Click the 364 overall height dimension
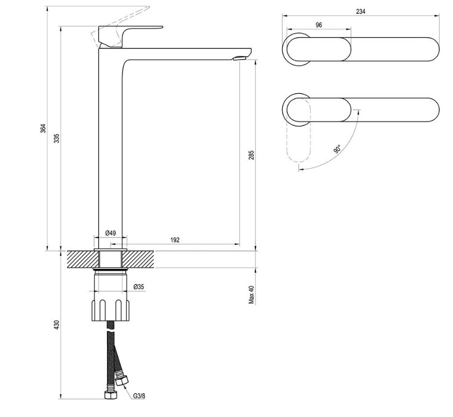click(x=43, y=128)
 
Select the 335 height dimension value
click(x=57, y=138)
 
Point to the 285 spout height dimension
click(x=252, y=155)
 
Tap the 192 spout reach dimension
click(x=175, y=240)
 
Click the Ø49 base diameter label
click(x=111, y=233)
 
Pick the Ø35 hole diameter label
click(x=139, y=287)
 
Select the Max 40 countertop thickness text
click(x=252, y=295)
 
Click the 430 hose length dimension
click(x=57, y=324)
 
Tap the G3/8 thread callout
click(x=139, y=396)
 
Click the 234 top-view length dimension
click(x=360, y=11)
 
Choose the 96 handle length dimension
click(x=319, y=25)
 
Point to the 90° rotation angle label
click(x=337, y=149)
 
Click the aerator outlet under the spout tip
click(x=239, y=58)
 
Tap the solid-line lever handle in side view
click(x=130, y=36)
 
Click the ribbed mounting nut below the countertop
click(x=110, y=310)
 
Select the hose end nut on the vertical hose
click(x=110, y=395)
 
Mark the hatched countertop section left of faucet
click(x=83, y=259)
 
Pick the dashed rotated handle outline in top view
click(x=299, y=130)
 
